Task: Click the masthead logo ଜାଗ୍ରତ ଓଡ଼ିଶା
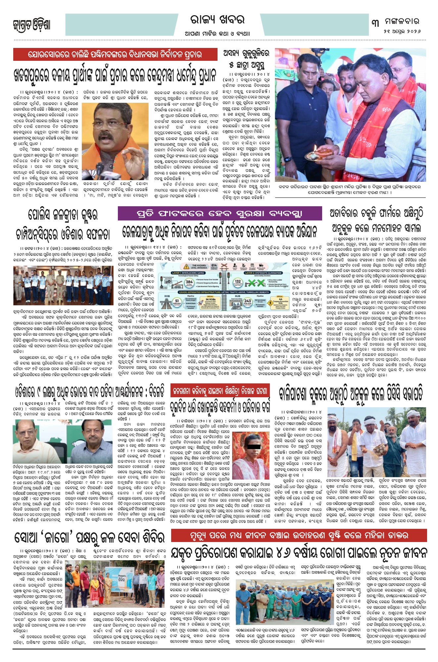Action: click(32, 25)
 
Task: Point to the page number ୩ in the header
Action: click(375, 22)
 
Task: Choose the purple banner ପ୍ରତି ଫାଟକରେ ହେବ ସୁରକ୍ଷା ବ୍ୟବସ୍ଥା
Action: click(219, 214)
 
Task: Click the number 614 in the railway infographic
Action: click(214, 265)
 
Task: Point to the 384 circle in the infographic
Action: click(189, 283)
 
